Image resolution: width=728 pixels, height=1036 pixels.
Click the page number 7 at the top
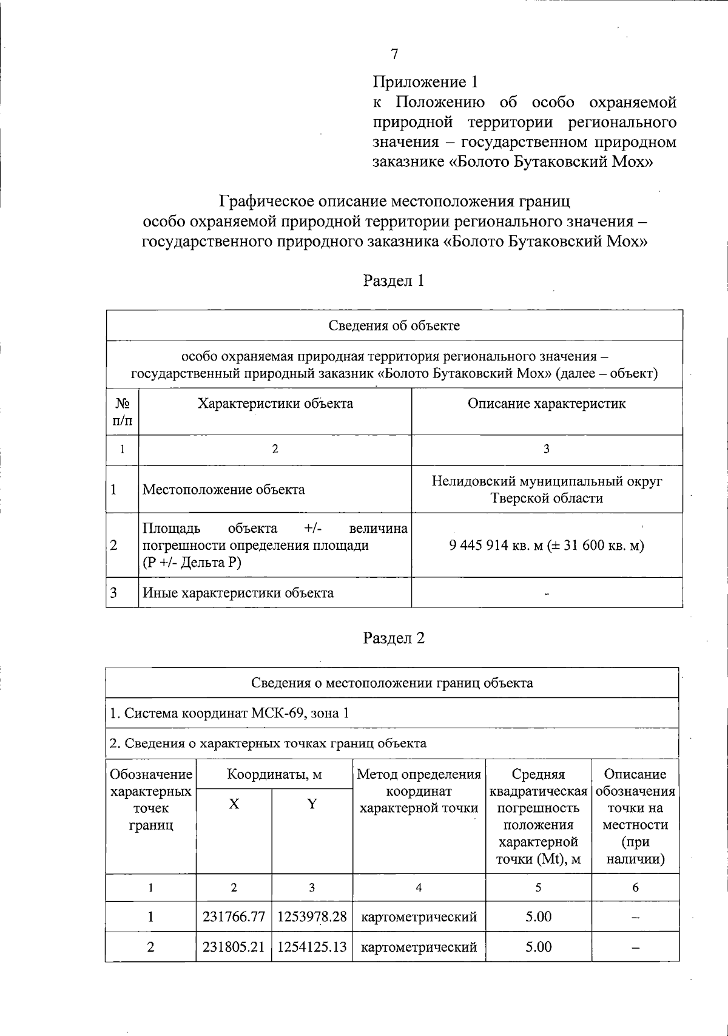pyautogui.click(x=395, y=55)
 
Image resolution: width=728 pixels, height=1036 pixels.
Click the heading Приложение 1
pyautogui.click(x=425, y=82)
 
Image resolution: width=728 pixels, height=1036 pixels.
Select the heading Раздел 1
pyautogui.click(x=394, y=281)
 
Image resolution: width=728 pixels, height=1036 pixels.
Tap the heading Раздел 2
pyautogui.click(x=394, y=638)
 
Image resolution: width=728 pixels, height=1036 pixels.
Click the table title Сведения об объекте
pyautogui.click(x=394, y=326)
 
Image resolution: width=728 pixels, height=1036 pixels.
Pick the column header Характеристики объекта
pyautogui.click(x=275, y=404)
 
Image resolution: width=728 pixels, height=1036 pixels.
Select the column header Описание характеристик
pyautogui.click(x=546, y=404)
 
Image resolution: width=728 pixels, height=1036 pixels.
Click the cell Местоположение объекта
pyautogui.click(x=224, y=490)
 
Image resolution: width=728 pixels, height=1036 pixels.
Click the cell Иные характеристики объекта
pyautogui.click(x=238, y=593)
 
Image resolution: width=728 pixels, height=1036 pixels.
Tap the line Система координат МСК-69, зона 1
pyautogui.click(x=229, y=713)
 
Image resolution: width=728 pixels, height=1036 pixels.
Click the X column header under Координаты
pyautogui.click(x=234, y=804)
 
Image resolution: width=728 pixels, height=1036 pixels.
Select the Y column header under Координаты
pyautogui.click(x=312, y=804)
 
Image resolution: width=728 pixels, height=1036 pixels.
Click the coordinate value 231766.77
pyautogui.click(x=234, y=916)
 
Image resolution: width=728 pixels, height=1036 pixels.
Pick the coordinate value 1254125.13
pyautogui.click(x=312, y=947)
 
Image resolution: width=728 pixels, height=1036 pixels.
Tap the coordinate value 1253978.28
pyautogui.click(x=312, y=916)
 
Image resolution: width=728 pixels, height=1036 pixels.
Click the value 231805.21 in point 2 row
pyautogui.click(x=234, y=947)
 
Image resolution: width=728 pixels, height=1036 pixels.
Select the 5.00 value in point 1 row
pyautogui.click(x=538, y=916)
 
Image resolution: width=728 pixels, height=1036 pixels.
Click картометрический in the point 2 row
pyautogui.click(x=419, y=947)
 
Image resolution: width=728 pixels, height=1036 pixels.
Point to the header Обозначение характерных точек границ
pyautogui.click(x=150, y=799)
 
